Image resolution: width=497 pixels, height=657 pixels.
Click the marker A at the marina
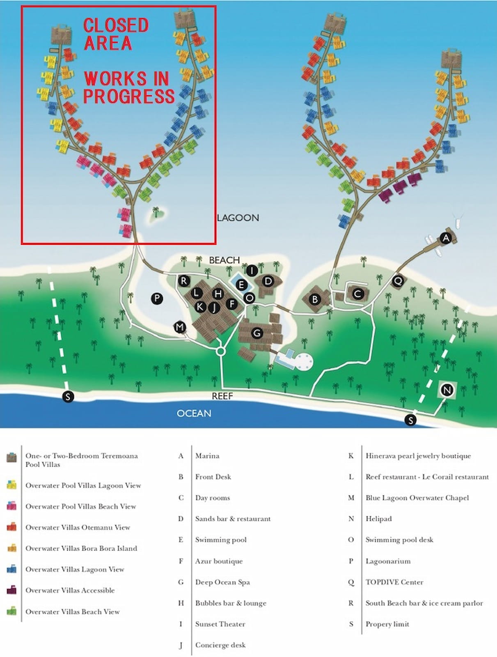pyautogui.click(x=446, y=238)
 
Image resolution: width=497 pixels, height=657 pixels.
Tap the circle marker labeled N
pyautogui.click(x=447, y=390)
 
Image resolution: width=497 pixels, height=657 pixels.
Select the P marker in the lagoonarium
pyautogui.click(x=157, y=298)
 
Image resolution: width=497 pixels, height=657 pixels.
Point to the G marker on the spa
pyautogui.click(x=257, y=333)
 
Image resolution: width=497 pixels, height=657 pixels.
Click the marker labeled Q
pyautogui.click(x=398, y=281)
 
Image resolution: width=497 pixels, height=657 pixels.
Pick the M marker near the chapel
pyautogui.click(x=180, y=327)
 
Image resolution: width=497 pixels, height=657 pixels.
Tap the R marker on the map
pyautogui.click(x=183, y=281)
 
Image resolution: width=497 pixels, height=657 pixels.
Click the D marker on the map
pyautogui.click(x=268, y=281)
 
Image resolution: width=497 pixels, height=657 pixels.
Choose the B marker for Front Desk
pyautogui.click(x=315, y=299)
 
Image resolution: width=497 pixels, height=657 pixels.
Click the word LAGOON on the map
pyautogui.click(x=238, y=218)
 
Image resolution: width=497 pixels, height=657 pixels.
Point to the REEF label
pyautogui.click(x=222, y=396)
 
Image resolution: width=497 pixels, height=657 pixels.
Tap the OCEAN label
pyautogui.click(x=194, y=413)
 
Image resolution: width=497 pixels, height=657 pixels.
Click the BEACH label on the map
pyautogui.click(x=224, y=260)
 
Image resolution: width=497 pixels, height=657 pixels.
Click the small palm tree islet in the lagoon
pyautogui.click(x=156, y=214)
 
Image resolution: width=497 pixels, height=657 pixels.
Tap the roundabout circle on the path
pyautogui.click(x=221, y=351)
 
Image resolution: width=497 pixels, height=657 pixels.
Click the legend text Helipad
pyautogui.click(x=378, y=519)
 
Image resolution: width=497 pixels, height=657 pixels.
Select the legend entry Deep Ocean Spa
pyautogui.click(x=222, y=582)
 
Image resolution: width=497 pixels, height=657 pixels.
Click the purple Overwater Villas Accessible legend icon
pyautogui.click(x=11, y=590)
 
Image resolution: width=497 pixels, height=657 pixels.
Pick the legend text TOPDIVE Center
pyautogui.click(x=394, y=582)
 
